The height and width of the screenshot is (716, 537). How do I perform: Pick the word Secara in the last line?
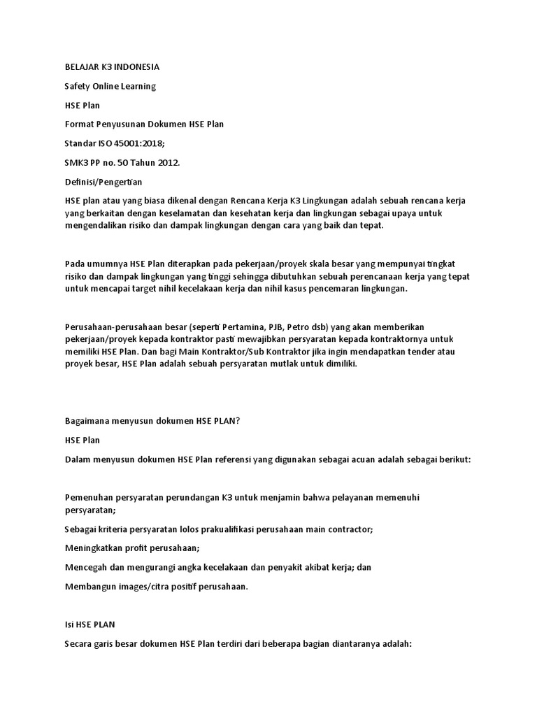click(x=78, y=644)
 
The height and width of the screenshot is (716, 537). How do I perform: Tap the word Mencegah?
click(x=87, y=568)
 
